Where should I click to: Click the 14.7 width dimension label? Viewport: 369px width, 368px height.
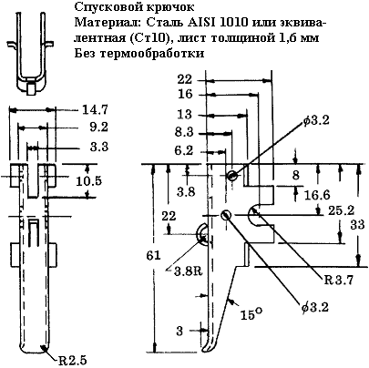95,110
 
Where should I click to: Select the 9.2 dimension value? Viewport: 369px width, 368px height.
99,128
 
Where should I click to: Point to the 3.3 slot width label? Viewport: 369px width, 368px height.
99,147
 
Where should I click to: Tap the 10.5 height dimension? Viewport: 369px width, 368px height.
88,181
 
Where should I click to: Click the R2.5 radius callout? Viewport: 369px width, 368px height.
73,361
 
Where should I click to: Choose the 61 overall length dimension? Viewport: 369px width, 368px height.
153,255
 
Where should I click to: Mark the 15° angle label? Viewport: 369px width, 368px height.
251,314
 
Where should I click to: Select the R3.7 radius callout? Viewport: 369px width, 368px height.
339,280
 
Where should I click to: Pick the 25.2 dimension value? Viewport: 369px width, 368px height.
341,210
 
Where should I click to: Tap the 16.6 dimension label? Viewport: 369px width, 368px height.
317,195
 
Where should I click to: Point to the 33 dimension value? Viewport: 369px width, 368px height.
357,225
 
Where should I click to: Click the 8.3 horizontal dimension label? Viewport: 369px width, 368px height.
184,133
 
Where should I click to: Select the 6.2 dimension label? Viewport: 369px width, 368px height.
184,150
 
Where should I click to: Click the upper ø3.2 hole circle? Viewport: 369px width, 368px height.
231,175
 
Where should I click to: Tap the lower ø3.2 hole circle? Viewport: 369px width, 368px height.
226,215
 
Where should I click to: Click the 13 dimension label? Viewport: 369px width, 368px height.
185,114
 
